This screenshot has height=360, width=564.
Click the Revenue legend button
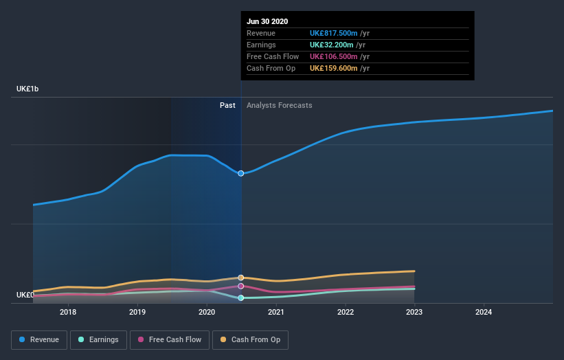point(40,339)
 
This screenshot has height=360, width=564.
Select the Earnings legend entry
point(98,339)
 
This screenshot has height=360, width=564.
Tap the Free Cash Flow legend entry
point(170,339)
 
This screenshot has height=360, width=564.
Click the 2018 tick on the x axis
point(68,313)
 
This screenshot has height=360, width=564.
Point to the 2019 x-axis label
point(137,313)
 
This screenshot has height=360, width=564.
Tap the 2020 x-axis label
point(207,313)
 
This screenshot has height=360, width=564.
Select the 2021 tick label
point(276,313)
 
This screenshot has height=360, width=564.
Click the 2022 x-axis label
point(346,313)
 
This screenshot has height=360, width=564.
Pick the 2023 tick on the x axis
point(415,313)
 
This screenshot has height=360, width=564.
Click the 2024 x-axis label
point(484,313)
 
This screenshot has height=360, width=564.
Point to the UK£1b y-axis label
point(27,89)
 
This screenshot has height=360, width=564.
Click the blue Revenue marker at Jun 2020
point(241,173)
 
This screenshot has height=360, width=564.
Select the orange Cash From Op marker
point(241,278)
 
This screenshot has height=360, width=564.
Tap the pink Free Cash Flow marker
point(241,286)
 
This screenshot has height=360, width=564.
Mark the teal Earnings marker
point(241,298)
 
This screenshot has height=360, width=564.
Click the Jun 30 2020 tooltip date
point(267,21)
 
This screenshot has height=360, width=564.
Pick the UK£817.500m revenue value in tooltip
point(335,33)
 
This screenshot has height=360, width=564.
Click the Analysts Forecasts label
point(279,105)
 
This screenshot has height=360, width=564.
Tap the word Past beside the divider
point(227,105)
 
